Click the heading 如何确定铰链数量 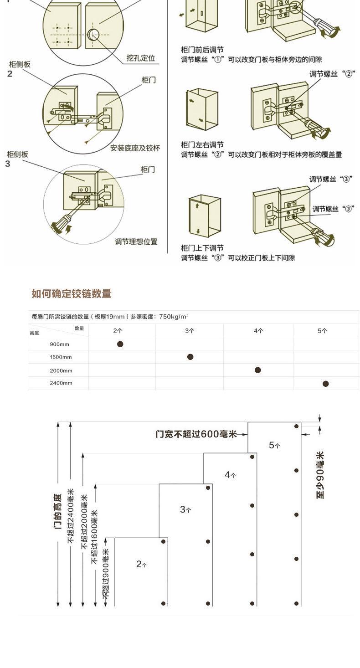[72, 294]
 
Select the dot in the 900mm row [120, 344]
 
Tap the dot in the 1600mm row [190, 357]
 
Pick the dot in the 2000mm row [258, 370]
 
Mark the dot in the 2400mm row [325, 384]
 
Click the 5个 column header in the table [322, 331]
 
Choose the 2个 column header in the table [118, 331]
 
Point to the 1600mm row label [61, 357]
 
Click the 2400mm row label [61, 383]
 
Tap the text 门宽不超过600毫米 [196, 434]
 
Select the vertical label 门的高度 [58, 511]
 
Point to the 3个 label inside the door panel [185, 509]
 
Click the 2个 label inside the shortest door [141, 564]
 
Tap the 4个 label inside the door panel [230, 475]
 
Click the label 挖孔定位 [141, 58]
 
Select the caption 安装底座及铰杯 [135, 148]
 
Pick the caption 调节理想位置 [136, 242]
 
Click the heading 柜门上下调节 [202, 248]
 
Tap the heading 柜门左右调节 [202, 144]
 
